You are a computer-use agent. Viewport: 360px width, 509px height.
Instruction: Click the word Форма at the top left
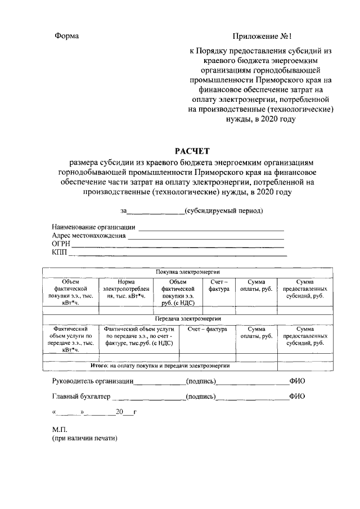pos(66,36)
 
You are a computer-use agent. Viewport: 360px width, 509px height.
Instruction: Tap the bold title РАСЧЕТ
pos(190,151)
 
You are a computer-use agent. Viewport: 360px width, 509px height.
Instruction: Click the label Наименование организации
pos(93,227)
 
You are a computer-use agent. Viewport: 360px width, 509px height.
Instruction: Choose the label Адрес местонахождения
pos(88,236)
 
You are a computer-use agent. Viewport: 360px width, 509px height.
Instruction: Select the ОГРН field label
pos(61,244)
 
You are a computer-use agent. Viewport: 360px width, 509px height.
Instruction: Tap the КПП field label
pos(59,253)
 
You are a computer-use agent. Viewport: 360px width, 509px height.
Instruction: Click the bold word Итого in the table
pos(100,366)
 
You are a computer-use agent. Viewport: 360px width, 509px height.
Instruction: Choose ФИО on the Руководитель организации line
pos(297,381)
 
